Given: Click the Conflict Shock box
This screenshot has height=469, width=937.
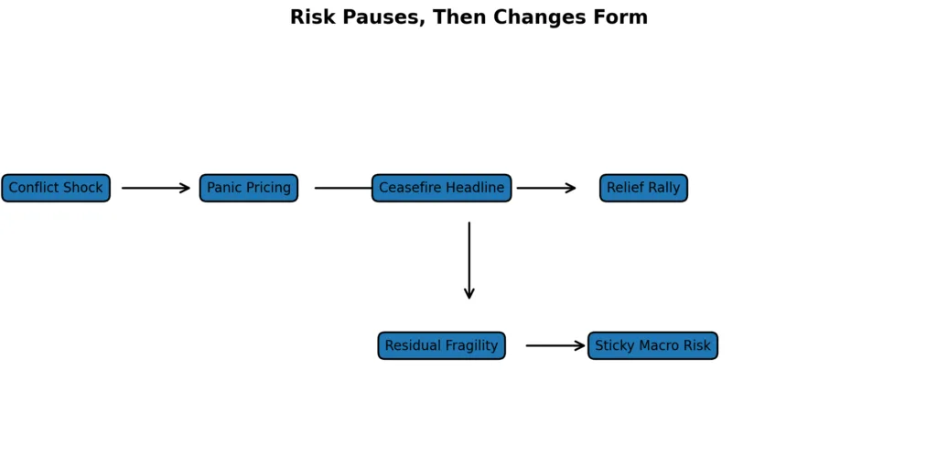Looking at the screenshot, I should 56,188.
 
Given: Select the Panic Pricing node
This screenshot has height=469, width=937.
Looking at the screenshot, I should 249,188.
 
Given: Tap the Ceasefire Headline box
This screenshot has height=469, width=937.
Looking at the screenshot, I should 441,188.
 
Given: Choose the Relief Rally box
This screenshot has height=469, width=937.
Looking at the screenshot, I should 643,188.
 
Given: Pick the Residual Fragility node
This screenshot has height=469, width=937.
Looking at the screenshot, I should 441,345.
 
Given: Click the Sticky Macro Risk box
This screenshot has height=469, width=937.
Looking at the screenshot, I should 652,345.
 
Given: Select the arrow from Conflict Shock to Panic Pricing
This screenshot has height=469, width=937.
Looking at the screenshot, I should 156,188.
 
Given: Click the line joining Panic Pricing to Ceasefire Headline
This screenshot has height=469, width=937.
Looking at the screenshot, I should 343,188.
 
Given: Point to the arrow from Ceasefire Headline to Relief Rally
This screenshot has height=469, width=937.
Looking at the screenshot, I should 545,188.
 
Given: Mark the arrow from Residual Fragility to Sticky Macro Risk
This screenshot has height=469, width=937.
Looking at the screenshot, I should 555,345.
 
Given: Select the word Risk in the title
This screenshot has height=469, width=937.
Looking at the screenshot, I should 310,17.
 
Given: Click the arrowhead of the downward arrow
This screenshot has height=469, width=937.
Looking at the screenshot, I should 469,293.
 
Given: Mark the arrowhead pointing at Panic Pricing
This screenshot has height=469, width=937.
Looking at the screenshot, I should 185,188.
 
